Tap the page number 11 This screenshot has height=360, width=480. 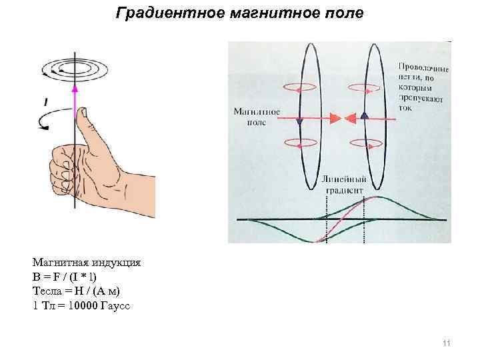[447, 343]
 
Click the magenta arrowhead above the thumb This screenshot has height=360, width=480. [75, 86]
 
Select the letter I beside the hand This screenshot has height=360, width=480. [45, 101]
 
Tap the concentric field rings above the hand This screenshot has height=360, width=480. [75, 67]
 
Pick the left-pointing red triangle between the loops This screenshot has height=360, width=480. [349, 119]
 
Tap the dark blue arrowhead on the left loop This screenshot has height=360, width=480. [299, 122]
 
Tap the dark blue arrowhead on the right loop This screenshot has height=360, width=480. [365, 115]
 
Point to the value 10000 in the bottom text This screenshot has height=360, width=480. [81, 305]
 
